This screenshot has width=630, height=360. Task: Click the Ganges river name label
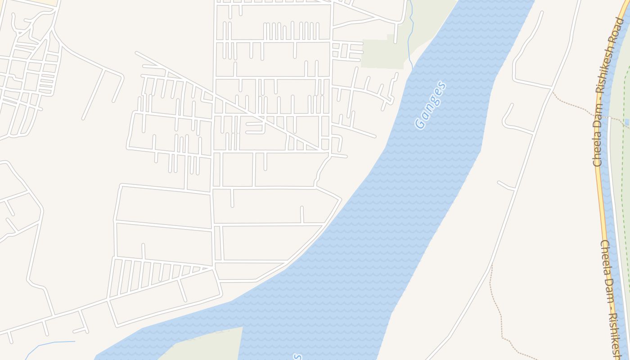pyautogui.click(x=431, y=105)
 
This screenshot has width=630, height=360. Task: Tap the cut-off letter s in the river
pyautogui.click(x=297, y=357)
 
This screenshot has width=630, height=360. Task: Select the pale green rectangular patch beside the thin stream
pyautogui.click(x=382, y=54)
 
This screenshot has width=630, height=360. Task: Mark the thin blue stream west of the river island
pyautogui.click(x=49, y=344)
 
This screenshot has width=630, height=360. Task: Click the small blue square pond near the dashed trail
pyautogui.click(x=627, y=122)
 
